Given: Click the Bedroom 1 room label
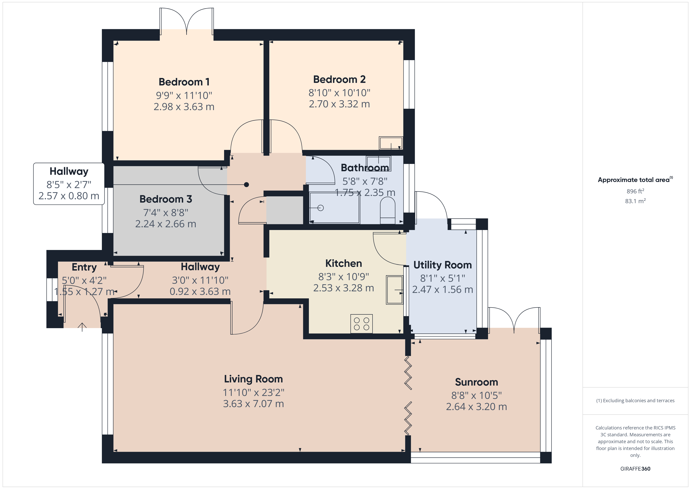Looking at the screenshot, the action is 184,82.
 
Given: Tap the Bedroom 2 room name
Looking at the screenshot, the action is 339,80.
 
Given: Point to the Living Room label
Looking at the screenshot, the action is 253,379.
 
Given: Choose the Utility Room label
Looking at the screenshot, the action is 442,265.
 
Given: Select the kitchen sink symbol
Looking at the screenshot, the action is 394,290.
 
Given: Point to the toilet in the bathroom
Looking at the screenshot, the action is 388,212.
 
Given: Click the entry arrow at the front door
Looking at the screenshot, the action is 82,327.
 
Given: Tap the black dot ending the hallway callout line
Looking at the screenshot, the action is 246,185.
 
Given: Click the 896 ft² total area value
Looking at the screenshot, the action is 635,191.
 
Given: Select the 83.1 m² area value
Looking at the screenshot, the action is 635,201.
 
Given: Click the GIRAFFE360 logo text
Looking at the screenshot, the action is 635,469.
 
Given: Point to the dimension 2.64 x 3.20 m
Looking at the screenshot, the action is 476,407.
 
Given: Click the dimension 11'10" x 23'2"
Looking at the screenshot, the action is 253,392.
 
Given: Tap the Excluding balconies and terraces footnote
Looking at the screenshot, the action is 635,400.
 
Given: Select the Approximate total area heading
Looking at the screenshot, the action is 635,180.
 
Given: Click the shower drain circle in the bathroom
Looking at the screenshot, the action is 320,208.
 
